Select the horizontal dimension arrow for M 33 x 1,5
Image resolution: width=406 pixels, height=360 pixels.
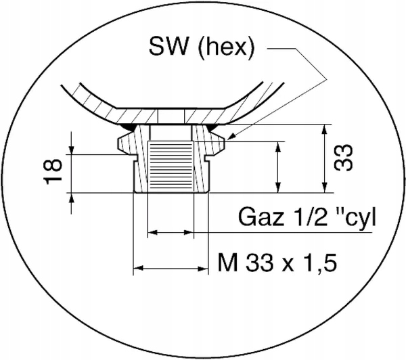click(170, 269)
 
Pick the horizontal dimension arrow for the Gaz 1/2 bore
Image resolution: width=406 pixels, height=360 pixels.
click(170, 233)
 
